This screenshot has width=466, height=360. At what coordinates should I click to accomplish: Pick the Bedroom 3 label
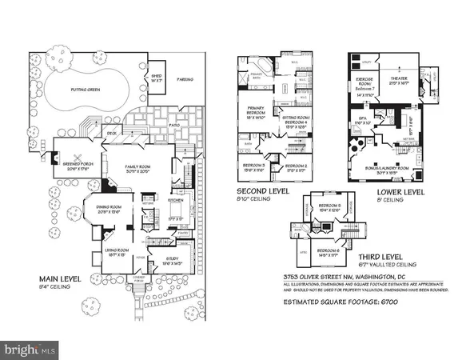(x=253, y=167)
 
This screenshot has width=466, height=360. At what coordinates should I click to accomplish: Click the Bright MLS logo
(x=30, y=350)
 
